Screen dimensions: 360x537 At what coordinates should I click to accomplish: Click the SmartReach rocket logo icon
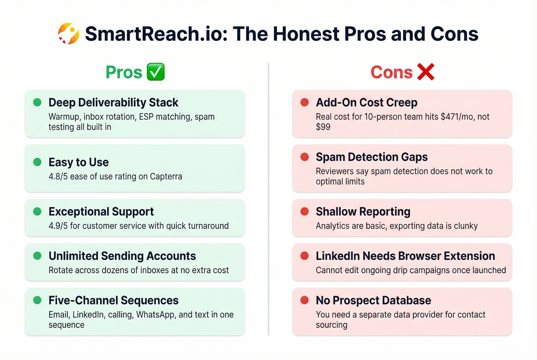[x=69, y=34]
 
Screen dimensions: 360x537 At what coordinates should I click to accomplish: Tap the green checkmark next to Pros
[x=156, y=72]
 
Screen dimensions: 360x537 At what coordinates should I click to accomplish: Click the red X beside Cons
[x=425, y=72]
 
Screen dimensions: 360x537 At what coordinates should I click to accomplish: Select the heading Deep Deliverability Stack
[x=113, y=103]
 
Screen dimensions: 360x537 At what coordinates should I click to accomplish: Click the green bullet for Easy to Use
[x=37, y=162]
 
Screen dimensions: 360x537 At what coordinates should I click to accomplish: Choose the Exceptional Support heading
[x=101, y=212]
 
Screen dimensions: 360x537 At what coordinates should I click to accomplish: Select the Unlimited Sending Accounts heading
[x=122, y=256]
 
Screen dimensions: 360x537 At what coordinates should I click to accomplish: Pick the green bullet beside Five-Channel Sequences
[x=37, y=300]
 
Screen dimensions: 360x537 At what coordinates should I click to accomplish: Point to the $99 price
[x=323, y=127]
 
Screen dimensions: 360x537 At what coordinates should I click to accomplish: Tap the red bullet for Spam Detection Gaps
[x=305, y=157]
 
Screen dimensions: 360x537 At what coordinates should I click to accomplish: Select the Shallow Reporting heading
[x=363, y=212]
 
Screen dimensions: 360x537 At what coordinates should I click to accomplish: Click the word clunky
[x=466, y=226]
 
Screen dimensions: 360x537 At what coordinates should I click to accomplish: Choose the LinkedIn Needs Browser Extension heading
[x=405, y=256]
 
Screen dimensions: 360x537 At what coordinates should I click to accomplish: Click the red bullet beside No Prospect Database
[x=305, y=300]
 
